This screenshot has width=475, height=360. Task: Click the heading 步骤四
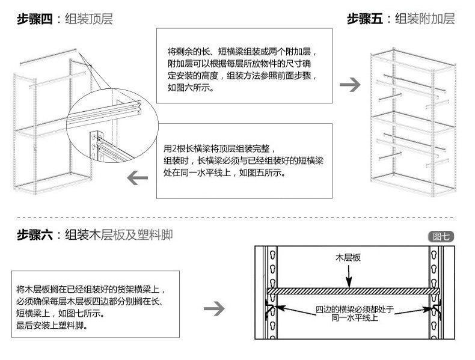click(x=35, y=19)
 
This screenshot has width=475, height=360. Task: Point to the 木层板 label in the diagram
click(x=348, y=258)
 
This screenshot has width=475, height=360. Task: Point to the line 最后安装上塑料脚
click(x=52, y=325)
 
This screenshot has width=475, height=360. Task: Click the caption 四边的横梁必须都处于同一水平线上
click(x=354, y=314)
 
